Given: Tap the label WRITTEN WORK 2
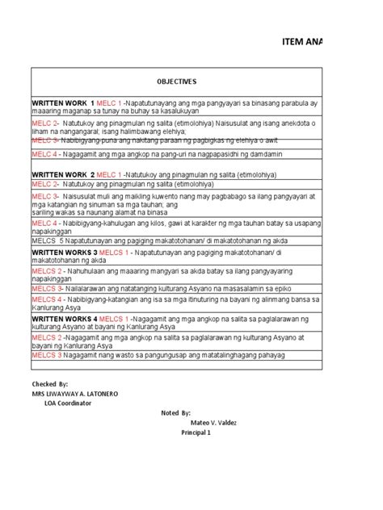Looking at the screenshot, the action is click(63, 174).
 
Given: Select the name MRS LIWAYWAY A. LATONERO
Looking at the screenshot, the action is click(75, 393).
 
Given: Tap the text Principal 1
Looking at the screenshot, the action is click(196, 433).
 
